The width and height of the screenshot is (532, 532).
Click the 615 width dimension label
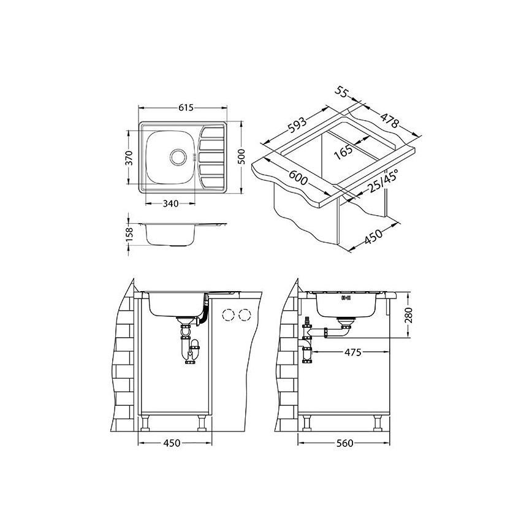(186, 108)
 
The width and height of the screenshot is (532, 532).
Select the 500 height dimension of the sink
(241, 157)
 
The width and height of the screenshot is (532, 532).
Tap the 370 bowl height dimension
(129, 158)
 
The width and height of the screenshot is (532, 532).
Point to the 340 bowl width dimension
(170, 203)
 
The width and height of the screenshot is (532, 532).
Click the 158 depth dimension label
(129, 235)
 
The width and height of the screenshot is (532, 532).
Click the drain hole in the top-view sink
(178, 157)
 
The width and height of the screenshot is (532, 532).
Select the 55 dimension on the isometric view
(341, 92)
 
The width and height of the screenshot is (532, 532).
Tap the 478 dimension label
(389, 120)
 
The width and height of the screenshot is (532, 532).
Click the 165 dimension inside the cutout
(343, 152)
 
